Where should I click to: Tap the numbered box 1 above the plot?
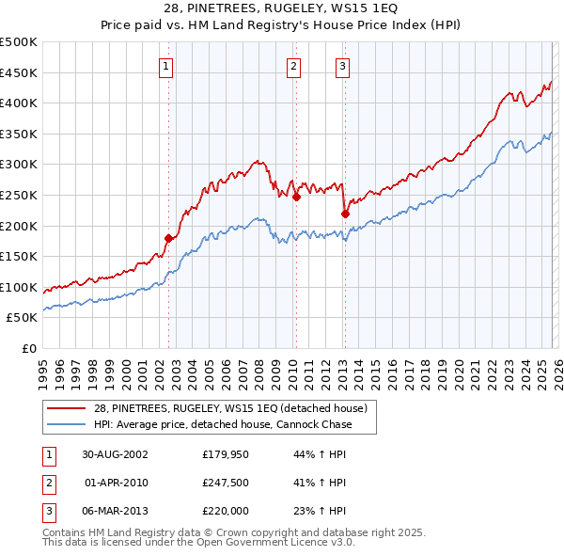click(165, 66)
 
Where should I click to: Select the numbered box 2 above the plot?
click(294, 66)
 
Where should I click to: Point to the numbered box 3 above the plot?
click(342, 66)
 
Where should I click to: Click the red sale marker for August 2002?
click(169, 238)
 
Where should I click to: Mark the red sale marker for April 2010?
click(296, 197)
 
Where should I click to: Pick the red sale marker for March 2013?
click(345, 214)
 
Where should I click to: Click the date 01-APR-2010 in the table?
click(116, 483)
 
